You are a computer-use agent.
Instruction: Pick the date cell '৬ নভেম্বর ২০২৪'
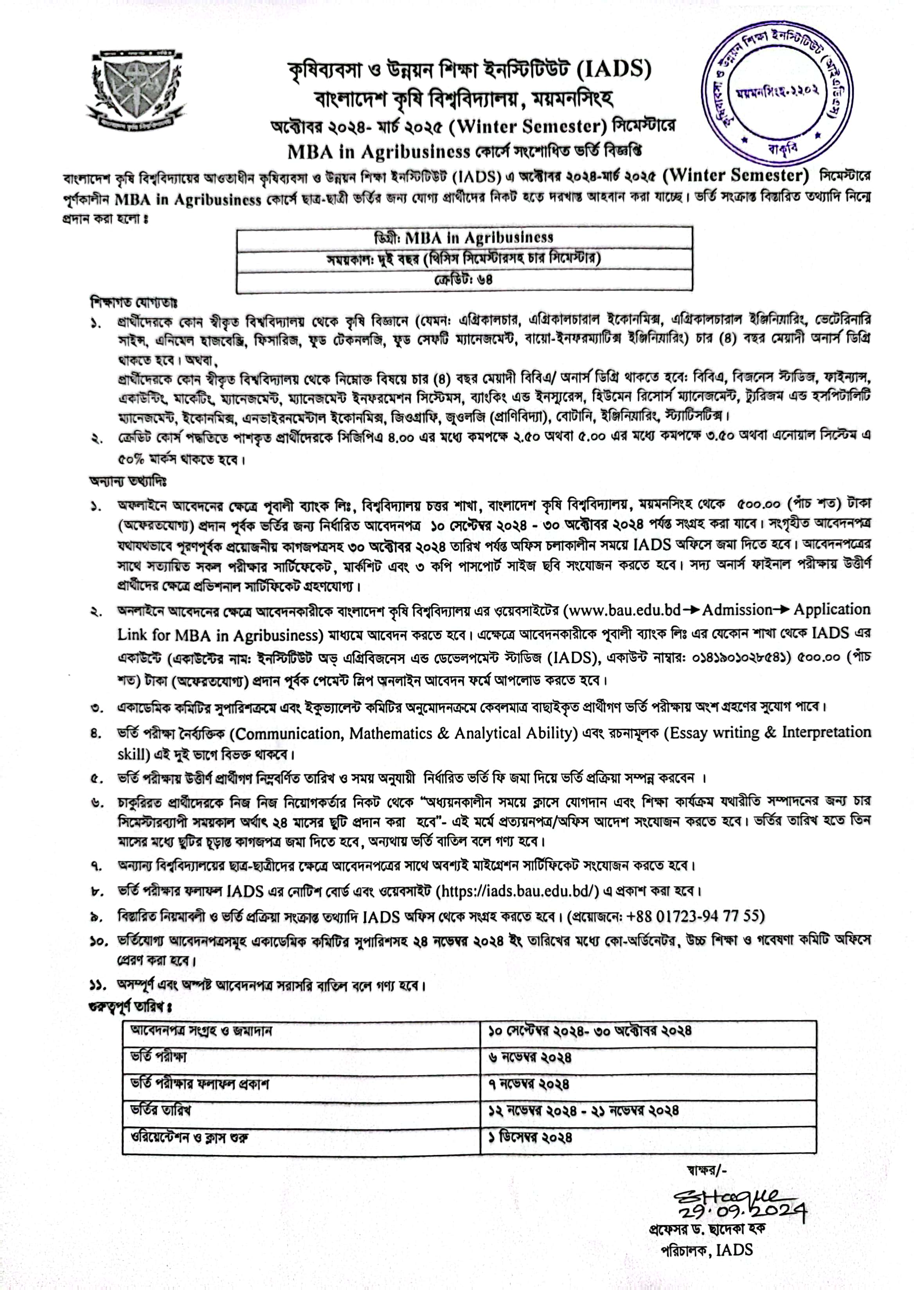click(530, 1058)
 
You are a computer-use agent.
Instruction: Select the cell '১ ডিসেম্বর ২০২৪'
click(530, 1137)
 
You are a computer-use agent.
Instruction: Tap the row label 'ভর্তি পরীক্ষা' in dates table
click(158, 1056)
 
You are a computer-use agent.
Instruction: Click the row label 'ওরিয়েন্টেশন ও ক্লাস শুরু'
click(189, 1137)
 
